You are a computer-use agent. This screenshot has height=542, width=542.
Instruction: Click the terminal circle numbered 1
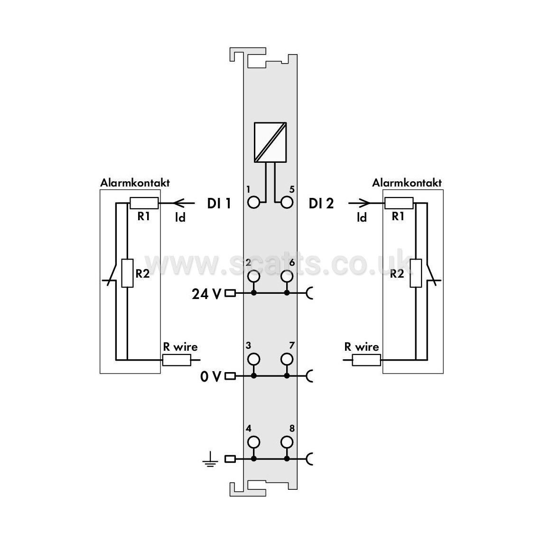click(254, 203)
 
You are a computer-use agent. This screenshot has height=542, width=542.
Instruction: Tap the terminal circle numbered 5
click(287, 203)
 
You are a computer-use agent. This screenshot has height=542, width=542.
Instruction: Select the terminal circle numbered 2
click(254, 276)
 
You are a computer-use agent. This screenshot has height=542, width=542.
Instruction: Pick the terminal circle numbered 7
click(287, 359)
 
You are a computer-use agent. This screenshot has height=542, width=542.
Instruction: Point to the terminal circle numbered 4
click(254, 442)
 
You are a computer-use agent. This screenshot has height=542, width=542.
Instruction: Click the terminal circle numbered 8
click(287, 442)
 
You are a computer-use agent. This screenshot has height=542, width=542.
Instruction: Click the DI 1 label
click(219, 204)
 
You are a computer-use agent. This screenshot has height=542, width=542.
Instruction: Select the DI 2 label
click(321, 204)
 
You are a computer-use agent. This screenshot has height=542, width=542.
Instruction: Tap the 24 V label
click(206, 294)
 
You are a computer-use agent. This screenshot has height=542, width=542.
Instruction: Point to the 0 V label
click(211, 377)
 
